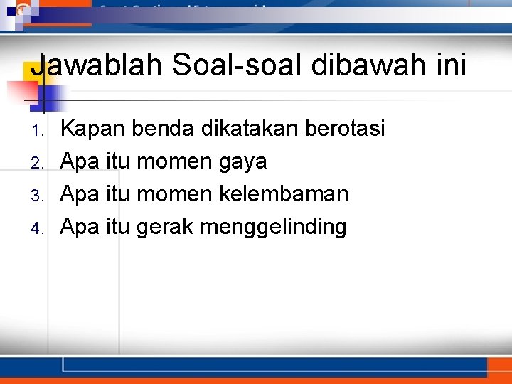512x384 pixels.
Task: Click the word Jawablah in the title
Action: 96,66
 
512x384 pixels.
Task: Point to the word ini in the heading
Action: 449,66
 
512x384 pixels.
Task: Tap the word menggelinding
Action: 273,228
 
